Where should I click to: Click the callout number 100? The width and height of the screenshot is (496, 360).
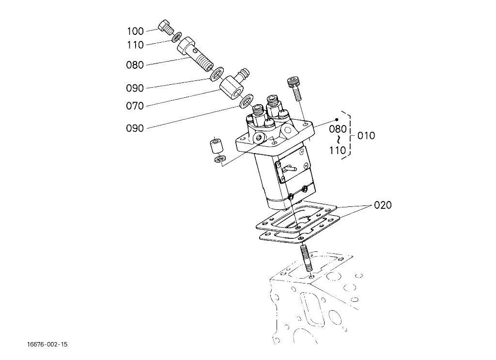tap(135, 31)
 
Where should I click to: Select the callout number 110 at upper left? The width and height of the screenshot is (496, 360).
tap(135, 45)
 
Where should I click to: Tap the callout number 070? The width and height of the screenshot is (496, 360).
tap(135, 106)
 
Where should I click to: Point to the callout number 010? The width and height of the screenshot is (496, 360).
tap(366, 136)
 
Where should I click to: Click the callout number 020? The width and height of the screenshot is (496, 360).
tap(382, 205)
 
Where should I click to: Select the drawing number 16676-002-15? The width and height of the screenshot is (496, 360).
tap(47, 344)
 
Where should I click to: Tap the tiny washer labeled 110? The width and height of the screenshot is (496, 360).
tap(178, 37)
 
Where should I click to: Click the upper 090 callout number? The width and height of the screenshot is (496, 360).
tap(135, 88)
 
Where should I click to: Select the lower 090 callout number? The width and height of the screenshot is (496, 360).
tap(135, 128)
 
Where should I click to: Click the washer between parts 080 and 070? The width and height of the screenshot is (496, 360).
tap(216, 74)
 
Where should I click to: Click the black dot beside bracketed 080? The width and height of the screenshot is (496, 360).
tap(337, 119)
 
